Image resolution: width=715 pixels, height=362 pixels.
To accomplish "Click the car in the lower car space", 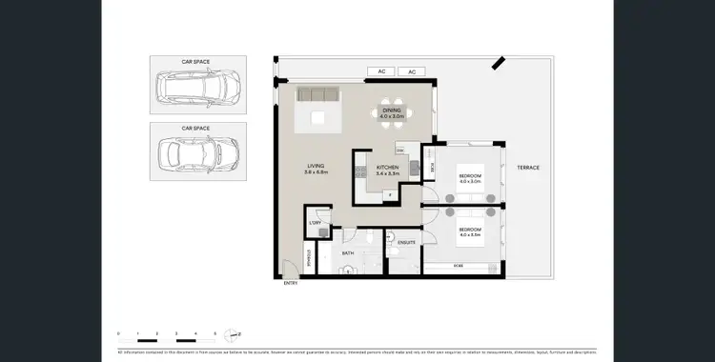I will [x=197, y=152].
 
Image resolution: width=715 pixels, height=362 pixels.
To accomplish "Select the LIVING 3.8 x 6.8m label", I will [x=317, y=170].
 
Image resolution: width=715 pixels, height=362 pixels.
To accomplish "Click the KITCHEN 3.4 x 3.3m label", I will [x=386, y=171].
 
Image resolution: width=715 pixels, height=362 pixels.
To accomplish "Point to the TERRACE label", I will [x=528, y=168].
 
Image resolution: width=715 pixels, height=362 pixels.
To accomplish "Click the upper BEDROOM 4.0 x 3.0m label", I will [x=470, y=178].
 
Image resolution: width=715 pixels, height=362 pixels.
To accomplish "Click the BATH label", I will [x=349, y=253].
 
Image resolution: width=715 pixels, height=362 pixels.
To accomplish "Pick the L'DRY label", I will [x=315, y=223].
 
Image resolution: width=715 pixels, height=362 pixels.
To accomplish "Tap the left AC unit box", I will [x=379, y=71].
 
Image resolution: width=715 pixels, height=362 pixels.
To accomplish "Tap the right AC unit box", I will [x=413, y=71].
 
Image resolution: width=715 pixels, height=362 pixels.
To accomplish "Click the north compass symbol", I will [x=233, y=334].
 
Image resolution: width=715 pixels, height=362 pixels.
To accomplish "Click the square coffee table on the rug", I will [x=317, y=118].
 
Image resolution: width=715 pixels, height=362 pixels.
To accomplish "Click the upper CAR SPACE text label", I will [x=196, y=61].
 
